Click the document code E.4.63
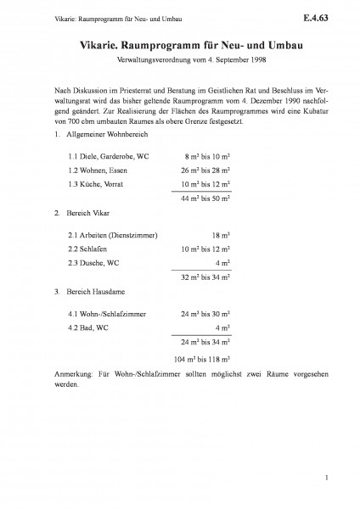pos(325,15)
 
